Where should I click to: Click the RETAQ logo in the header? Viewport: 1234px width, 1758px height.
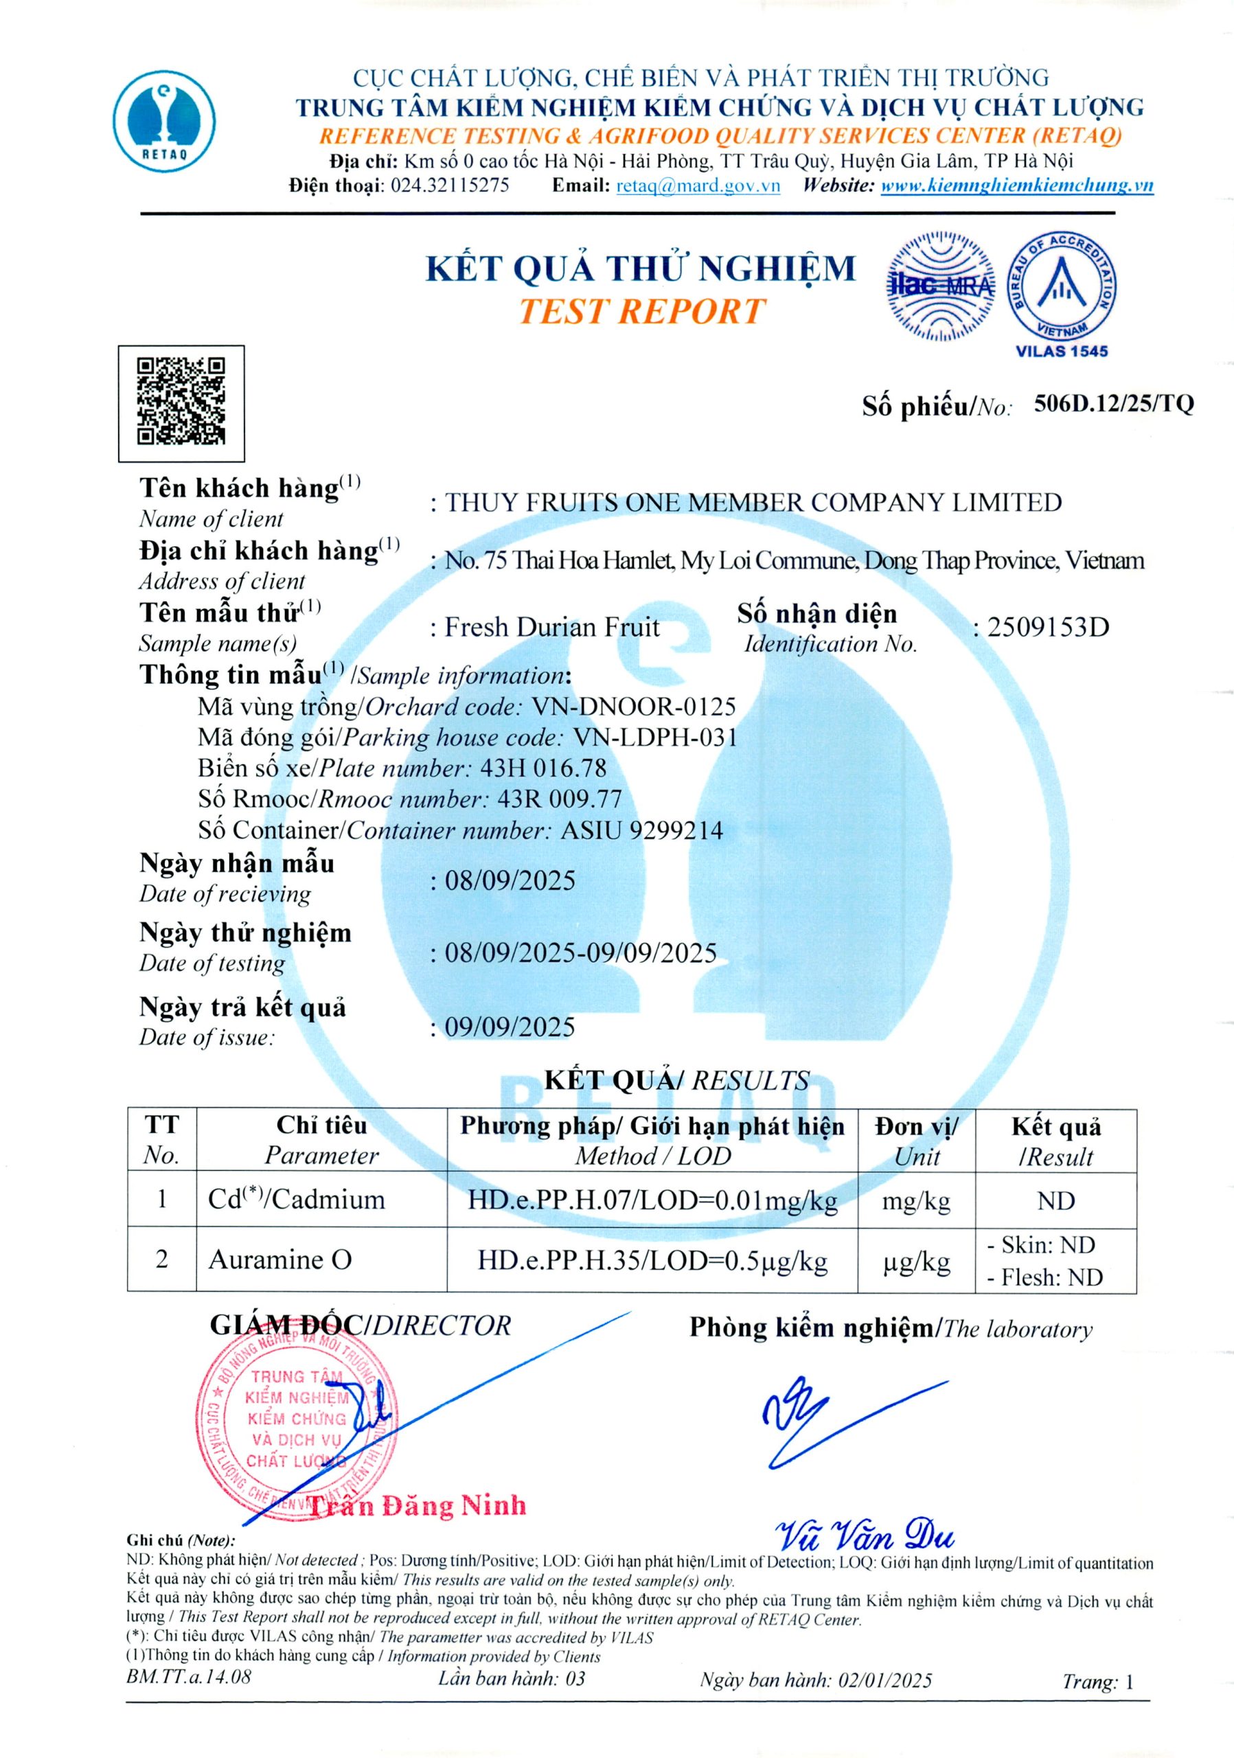[x=165, y=121]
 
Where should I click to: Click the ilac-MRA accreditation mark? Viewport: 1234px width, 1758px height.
[x=941, y=286]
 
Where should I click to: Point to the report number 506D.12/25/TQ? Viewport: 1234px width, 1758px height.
[x=1113, y=404]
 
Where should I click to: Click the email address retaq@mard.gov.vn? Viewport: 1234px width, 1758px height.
[x=698, y=185]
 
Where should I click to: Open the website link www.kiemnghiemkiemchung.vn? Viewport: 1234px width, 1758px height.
[x=1016, y=185]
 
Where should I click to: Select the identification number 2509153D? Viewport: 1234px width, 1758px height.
[x=1047, y=627]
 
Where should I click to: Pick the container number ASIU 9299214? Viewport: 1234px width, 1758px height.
[x=641, y=830]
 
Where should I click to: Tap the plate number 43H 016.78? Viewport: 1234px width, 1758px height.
[x=542, y=768]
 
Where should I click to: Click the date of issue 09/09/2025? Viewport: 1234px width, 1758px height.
[x=510, y=1027]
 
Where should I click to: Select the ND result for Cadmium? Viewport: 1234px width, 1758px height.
[x=1055, y=1200]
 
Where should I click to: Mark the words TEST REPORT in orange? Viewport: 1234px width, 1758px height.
[x=641, y=311]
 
